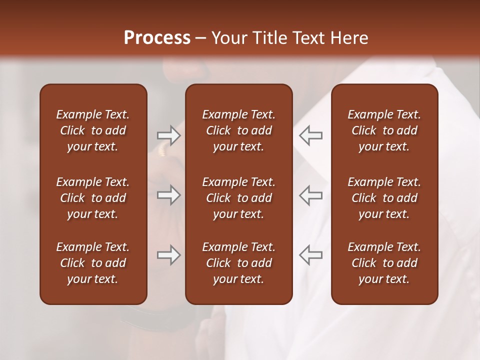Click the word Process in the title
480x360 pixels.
157,38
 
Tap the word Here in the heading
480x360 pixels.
349,38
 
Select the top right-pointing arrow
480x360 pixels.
168,135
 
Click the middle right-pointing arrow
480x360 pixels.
168,195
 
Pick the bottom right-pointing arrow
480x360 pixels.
168,255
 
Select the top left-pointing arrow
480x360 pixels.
310,135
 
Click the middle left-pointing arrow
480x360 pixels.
310,195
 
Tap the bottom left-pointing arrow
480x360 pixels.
310,255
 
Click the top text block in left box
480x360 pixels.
93,130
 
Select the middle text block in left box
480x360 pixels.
93,198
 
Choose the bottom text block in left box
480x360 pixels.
93,263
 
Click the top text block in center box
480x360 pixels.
238,130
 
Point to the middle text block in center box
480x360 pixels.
238,198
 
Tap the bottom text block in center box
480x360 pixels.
238,263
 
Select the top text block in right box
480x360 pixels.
384,130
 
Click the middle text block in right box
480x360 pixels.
384,198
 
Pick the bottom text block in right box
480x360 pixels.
384,263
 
